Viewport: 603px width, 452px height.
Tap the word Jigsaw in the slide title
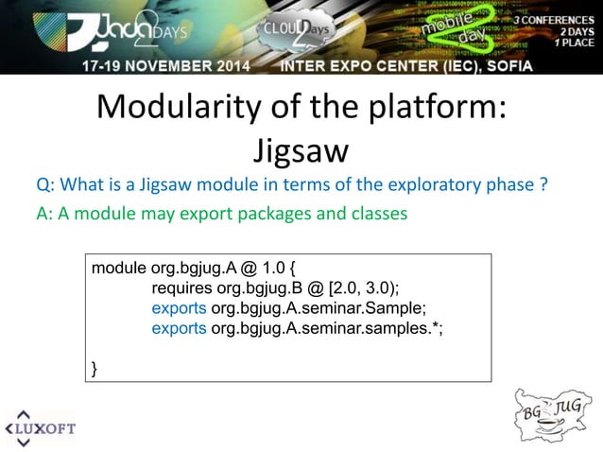tap(301, 151)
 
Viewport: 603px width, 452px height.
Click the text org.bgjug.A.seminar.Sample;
tap(314, 308)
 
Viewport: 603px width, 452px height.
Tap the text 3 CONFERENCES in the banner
tap(554, 19)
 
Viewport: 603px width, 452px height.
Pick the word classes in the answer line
tap(379, 214)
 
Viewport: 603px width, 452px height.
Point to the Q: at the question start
tap(46, 183)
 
